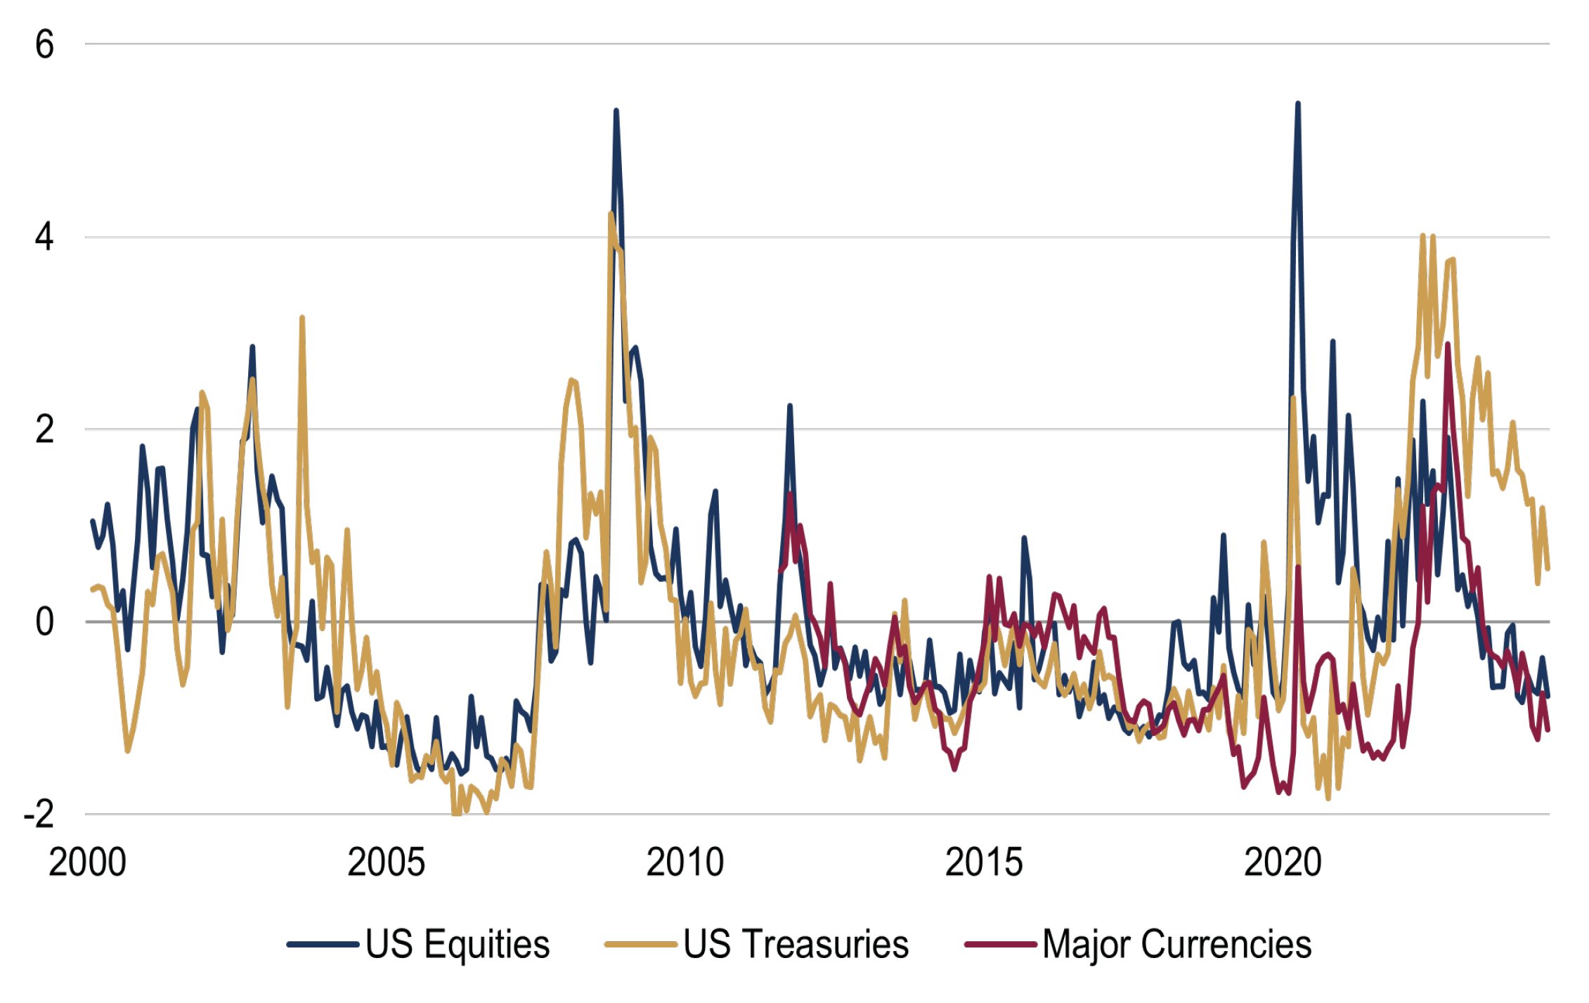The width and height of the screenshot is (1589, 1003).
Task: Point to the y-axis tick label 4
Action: [x=44, y=238]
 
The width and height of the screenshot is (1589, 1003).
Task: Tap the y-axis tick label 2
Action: [x=44, y=429]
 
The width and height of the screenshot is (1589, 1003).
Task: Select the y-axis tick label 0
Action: [x=44, y=622]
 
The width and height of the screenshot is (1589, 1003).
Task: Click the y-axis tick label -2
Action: [x=39, y=814]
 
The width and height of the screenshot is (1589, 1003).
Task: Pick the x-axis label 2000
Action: [x=87, y=862]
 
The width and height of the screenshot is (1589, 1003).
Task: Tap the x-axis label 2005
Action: [x=386, y=862]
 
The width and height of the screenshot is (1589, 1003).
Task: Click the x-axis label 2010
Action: [x=685, y=862]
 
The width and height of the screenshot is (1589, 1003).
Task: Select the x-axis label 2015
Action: [x=983, y=862]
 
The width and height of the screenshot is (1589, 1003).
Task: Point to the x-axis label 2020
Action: [x=1283, y=862]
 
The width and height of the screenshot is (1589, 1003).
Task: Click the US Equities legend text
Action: [x=458, y=944]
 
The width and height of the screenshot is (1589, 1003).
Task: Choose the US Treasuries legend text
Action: [x=796, y=944]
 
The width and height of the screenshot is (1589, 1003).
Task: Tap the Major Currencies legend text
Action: [x=1176, y=944]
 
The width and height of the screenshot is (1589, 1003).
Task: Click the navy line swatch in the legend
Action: [x=323, y=945]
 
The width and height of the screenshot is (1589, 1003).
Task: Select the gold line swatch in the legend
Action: [x=640, y=945]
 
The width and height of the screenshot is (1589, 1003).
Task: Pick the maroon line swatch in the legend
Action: [x=1001, y=945]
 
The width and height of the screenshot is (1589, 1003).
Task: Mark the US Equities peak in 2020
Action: [x=1297, y=104]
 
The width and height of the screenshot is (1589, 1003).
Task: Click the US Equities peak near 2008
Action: [x=616, y=111]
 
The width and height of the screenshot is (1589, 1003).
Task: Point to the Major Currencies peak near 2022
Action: [x=1448, y=344]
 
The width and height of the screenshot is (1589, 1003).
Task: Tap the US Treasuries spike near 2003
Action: [x=302, y=318]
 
